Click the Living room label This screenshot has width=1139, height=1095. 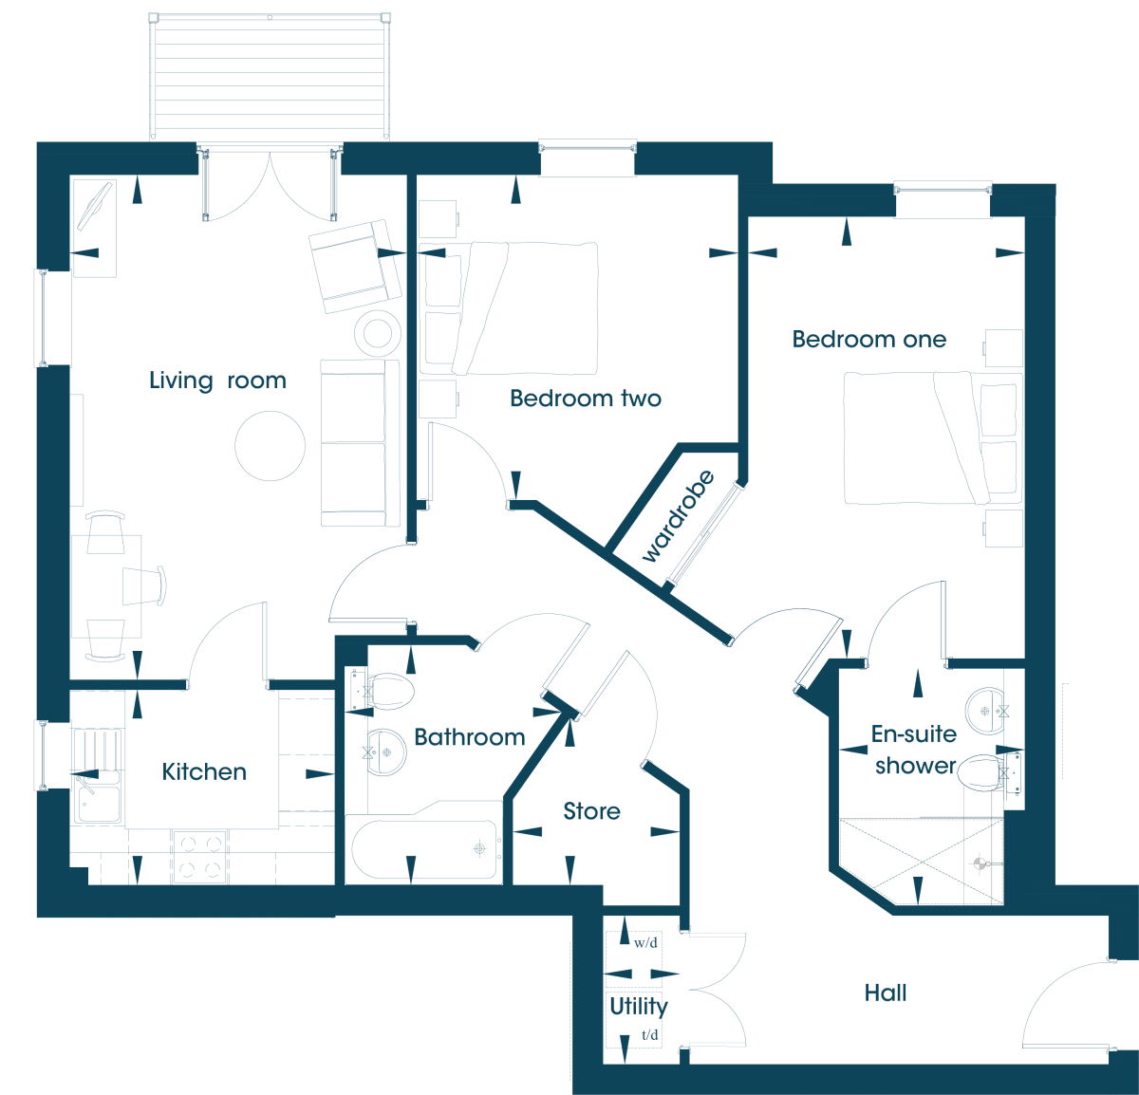[217, 381]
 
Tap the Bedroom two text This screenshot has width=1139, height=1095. [586, 399]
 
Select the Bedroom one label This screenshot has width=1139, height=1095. [869, 340]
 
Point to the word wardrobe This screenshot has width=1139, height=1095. [678, 516]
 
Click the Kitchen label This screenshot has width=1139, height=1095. [204, 772]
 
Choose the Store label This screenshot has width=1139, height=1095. [591, 811]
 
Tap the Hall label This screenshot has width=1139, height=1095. [886, 993]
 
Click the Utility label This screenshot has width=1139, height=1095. [639, 1007]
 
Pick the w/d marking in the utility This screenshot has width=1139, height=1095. [645, 943]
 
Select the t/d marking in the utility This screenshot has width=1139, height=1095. [649, 1034]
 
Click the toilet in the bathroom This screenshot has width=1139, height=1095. [383, 691]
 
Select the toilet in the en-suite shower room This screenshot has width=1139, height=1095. [989, 772]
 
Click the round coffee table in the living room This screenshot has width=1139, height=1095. [270, 446]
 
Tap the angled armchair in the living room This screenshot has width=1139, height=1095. [355, 267]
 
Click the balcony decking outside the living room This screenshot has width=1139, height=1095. [270, 76]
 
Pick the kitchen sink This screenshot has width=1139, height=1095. [98, 797]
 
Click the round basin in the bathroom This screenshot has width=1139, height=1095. [387, 752]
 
